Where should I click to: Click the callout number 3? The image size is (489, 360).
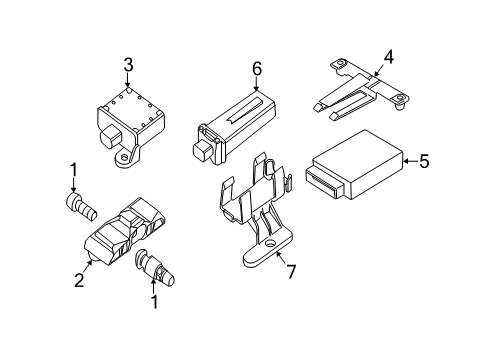click(128, 65)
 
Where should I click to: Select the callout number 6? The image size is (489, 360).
click(257, 69)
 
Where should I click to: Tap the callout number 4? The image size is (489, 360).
click(388, 57)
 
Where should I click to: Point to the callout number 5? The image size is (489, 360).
click(424, 161)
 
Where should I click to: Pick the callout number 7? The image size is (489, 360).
click(291, 272)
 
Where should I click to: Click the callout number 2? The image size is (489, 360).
click(79, 280)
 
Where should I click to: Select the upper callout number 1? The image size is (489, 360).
click(73, 170)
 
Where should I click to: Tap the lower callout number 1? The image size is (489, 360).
click(154, 302)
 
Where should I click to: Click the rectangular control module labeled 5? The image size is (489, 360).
click(354, 165)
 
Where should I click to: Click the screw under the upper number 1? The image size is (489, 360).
click(82, 207)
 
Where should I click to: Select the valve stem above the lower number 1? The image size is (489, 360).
click(155, 267)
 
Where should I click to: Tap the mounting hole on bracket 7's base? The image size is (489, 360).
click(269, 245)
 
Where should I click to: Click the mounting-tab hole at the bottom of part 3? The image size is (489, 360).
click(124, 157)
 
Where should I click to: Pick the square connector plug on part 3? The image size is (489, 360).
click(110, 135)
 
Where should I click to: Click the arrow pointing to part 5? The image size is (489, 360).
click(411, 161)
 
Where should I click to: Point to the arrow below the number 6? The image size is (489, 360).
click(256, 83)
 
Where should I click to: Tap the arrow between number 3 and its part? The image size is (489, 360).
click(128, 80)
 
